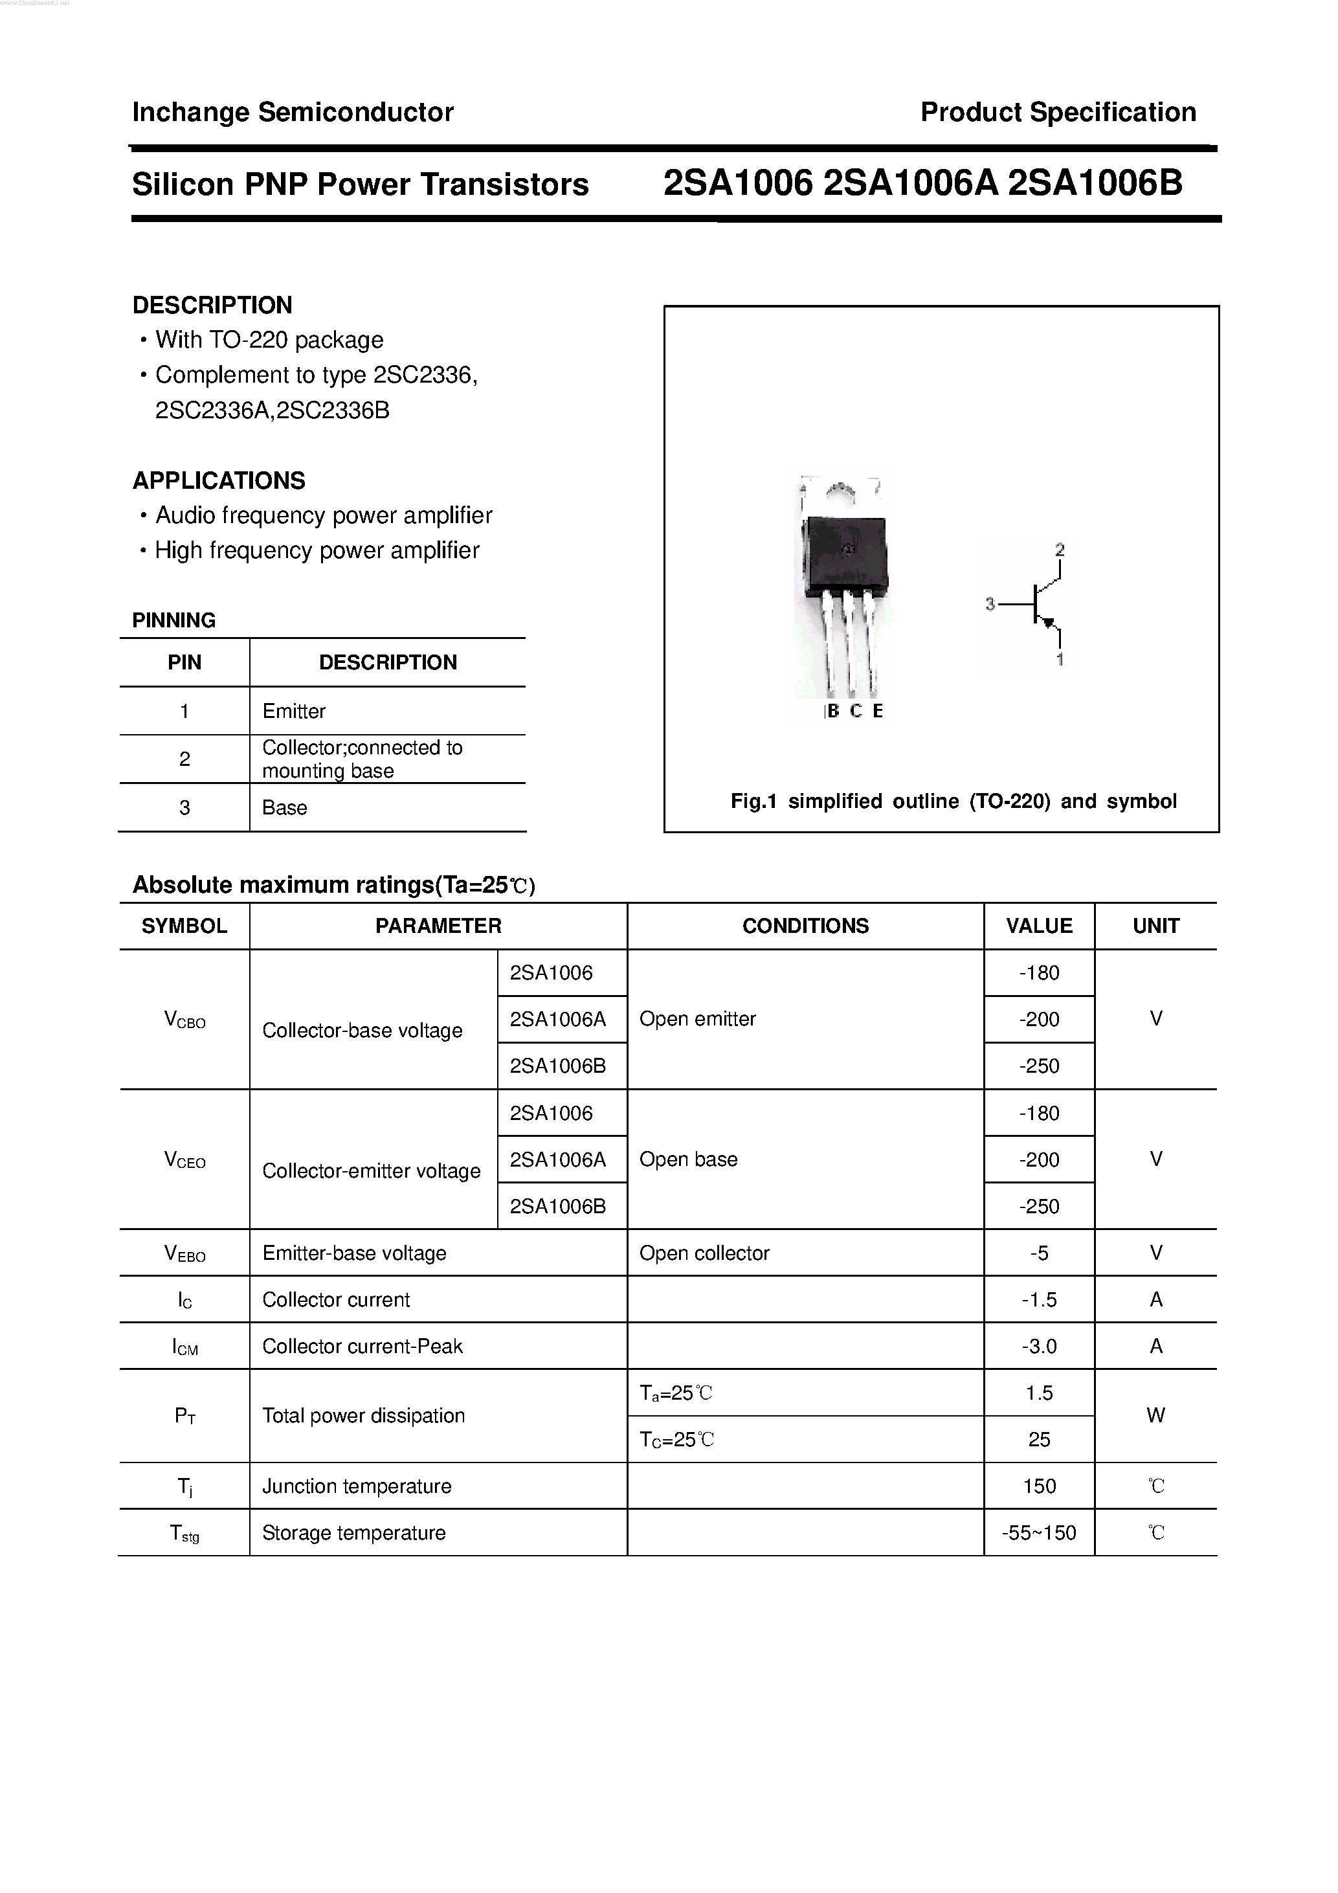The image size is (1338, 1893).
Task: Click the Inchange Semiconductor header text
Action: tap(293, 112)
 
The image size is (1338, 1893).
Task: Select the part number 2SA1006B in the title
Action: tap(1094, 184)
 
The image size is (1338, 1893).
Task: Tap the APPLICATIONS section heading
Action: tap(218, 480)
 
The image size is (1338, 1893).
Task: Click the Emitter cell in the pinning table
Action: tap(293, 711)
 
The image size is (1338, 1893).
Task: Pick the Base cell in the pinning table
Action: tap(284, 807)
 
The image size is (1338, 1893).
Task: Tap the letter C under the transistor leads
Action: tap(856, 711)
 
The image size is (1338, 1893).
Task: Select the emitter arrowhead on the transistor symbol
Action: tap(1049, 623)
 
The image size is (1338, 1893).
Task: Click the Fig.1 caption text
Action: tap(953, 801)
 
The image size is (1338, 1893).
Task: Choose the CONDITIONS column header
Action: tap(805, 926)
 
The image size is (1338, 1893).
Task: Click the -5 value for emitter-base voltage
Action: tap(1039, 1253)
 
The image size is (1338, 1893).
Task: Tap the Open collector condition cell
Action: tap(704, 1253)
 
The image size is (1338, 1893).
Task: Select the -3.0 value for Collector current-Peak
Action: tap(1039, 1347)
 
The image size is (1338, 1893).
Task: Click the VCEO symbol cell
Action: tap(184, 1160)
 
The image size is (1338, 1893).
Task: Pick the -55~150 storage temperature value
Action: tap(1039, 1532)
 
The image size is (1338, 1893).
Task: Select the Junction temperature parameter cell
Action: tap(356, 1486)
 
